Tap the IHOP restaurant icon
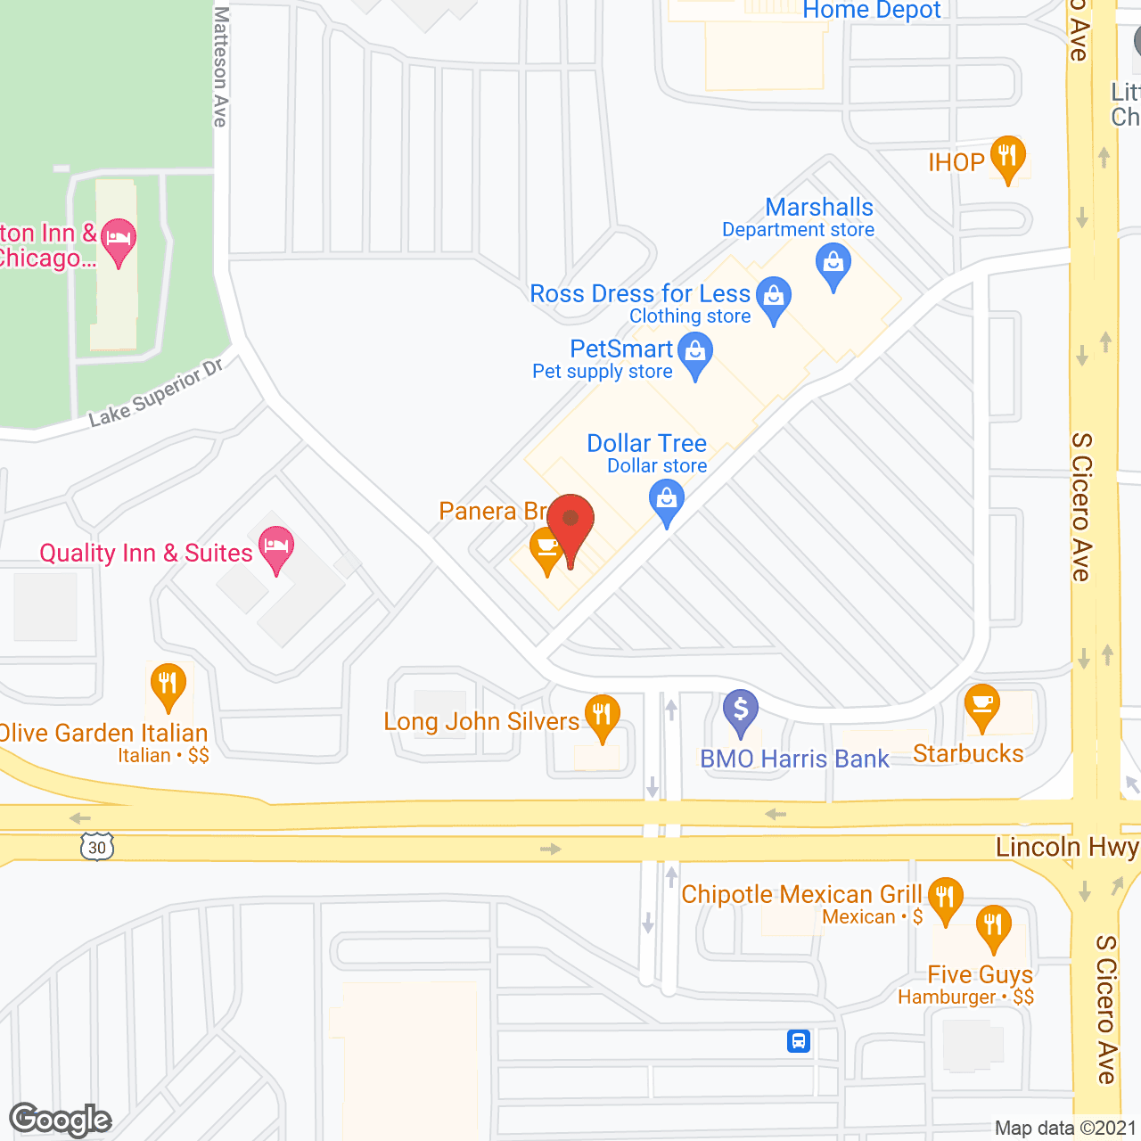1007,158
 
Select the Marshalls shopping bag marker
833,265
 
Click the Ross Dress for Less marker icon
774,297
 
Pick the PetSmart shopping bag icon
695,352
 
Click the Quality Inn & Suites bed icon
276,546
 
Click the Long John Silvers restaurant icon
603,716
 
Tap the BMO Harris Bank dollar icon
740,711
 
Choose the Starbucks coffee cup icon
982,705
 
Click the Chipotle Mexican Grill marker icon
945,898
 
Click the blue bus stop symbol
799,1040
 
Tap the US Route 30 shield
97,847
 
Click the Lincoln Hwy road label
1066,847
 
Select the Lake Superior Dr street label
157,393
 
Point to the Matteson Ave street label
221,67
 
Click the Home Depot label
872,11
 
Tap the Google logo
61,1120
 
